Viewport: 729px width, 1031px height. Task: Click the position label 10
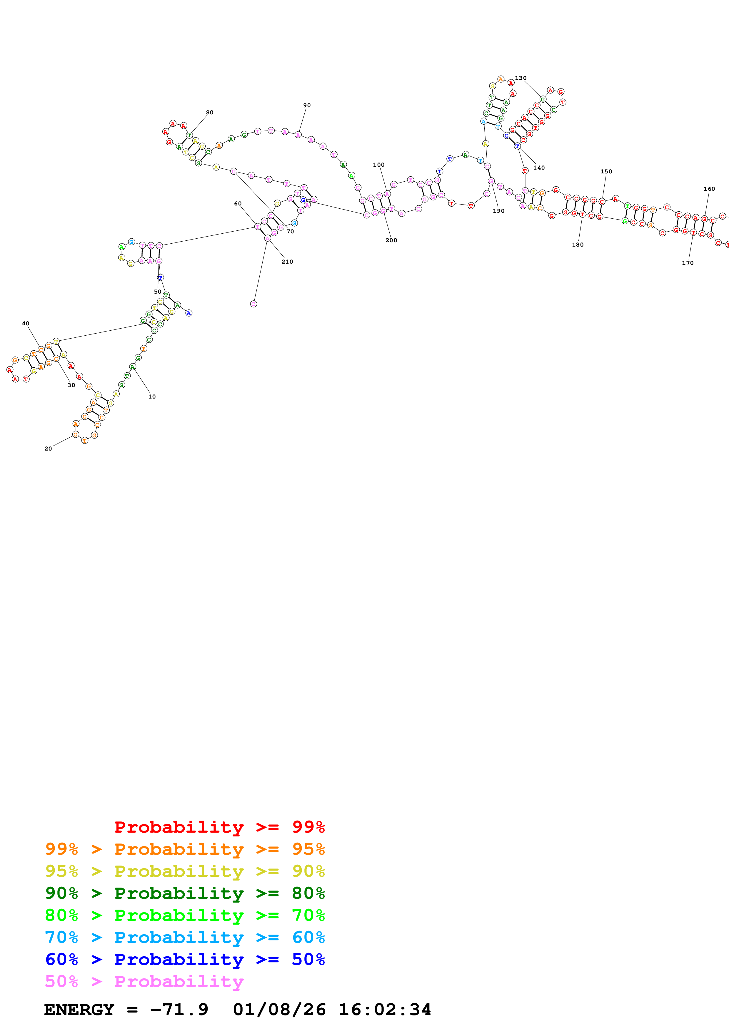[x=152, y=396]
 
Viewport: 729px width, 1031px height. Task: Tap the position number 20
[x=48, y=448]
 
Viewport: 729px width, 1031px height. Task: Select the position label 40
[x=26, y=323]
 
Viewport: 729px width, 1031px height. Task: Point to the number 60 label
[x=238, y=203]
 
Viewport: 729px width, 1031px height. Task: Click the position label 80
[x=210, y=112]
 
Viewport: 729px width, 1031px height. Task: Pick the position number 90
[x=307, y=106]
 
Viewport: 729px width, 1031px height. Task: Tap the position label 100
[x=379, y=165]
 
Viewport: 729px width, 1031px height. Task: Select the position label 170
[x=688, y=263]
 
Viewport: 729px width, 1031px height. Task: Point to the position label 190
[x=498, y=211]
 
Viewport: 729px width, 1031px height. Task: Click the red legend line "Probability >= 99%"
[x=219, y=827]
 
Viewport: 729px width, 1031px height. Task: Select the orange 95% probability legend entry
[x=185, y=849]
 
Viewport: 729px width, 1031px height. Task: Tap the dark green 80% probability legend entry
[x=185, y=893]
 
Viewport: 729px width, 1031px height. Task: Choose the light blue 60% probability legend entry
[x=185, y=937]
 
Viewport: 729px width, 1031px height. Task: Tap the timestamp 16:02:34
[x=384, y=1010]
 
